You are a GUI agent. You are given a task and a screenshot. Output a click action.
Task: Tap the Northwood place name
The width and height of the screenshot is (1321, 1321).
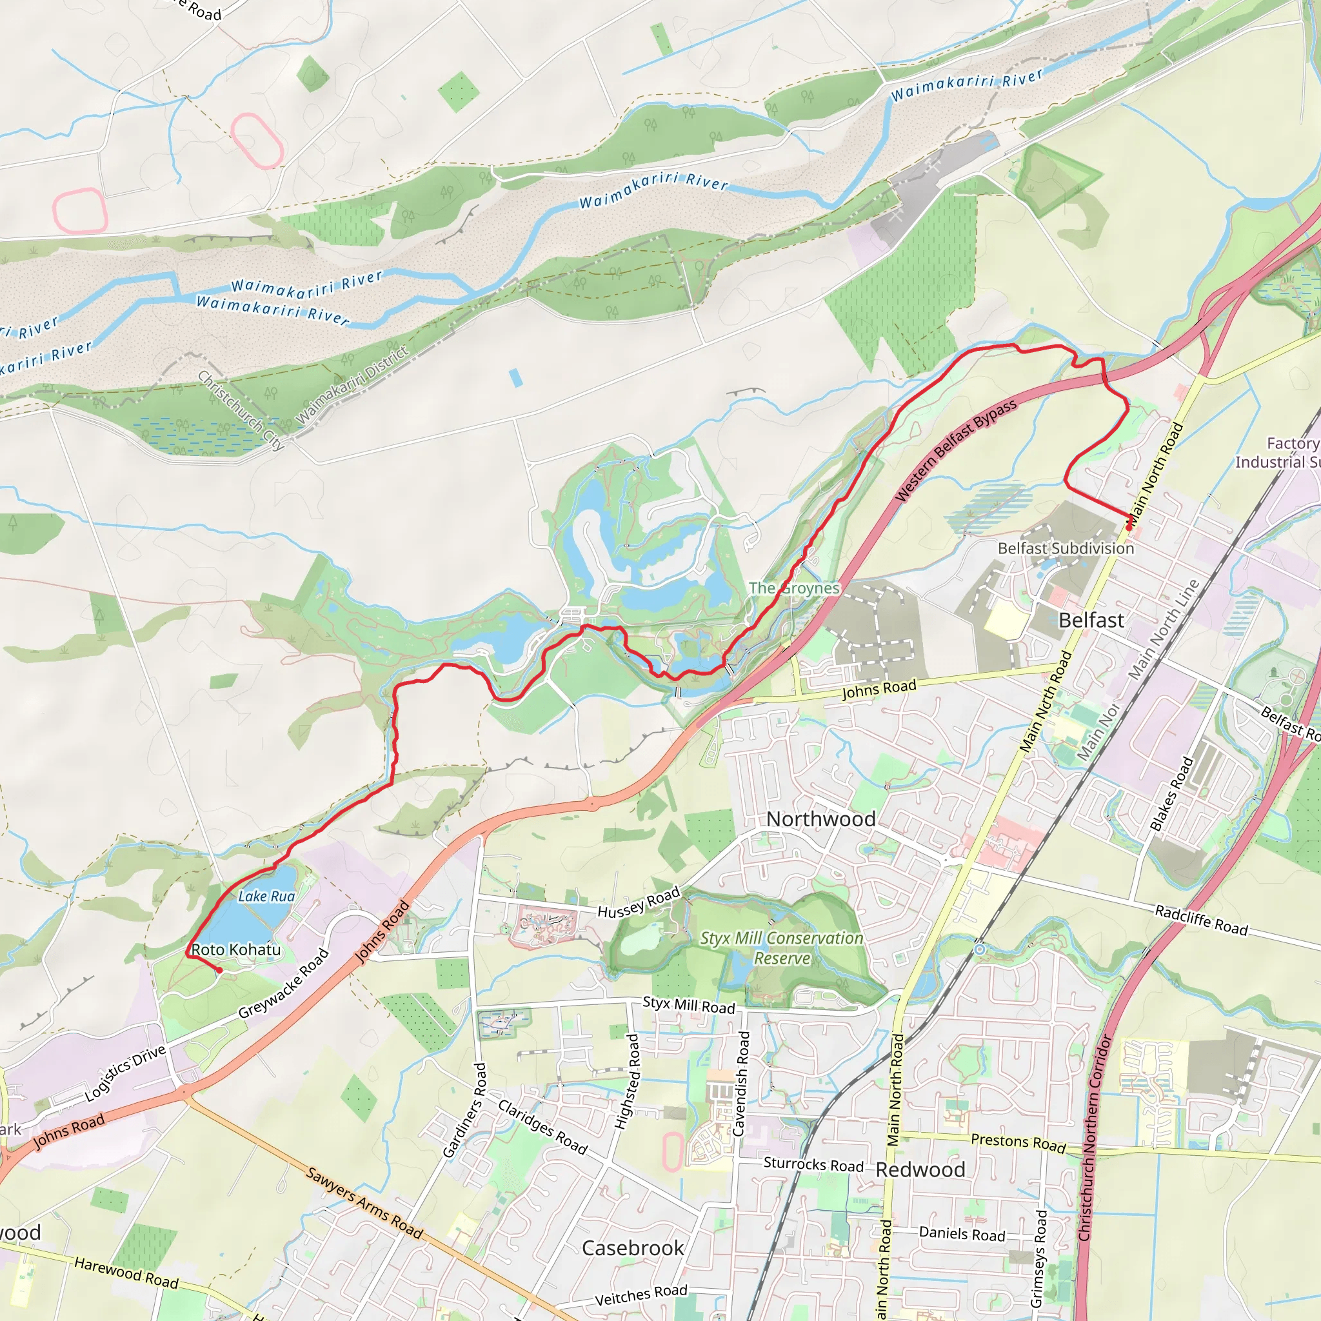pyautogui.click(x=820, y=819)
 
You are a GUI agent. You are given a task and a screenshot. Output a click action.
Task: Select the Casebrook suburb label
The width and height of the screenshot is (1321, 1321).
pyautogui.click(x=633, y=1248)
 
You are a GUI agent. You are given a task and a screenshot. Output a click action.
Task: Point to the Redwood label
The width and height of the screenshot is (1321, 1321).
pyautogui.click(x=920, y=1169)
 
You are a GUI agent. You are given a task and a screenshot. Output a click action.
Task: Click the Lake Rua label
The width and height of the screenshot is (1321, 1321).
pyautogui.click(x=266, y=896)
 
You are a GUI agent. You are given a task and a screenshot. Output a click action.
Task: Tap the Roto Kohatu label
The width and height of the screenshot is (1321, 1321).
pyautogui.click(x=236, y=949)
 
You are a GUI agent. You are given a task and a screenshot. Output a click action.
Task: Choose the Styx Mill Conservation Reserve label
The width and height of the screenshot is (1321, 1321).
pyautogui.click(x=782, y=948)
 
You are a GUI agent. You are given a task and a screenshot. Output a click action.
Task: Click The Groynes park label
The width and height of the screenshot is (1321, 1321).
pyautogui.click(x=794, y=588)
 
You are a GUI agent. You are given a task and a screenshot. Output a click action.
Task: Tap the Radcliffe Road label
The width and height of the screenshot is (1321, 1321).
pyautogui.click(x=1201, y=920)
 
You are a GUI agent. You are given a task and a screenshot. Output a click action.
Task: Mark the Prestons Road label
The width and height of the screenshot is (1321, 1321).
pyautogui.click(x=1018, y=1142)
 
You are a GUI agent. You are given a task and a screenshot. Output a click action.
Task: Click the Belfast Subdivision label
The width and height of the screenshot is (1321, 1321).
pyautogui.click(x=1066, y=548)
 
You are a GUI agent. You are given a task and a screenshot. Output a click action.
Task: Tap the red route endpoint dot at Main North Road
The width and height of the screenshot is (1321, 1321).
pyautogui.click(x=1129, y=527)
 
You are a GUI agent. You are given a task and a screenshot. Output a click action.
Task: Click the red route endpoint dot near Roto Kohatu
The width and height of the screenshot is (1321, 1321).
pyautogui.click(x=219, y=970)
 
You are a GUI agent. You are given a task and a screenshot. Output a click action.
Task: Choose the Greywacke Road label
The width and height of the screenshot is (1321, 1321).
pyautogui.click(x=284, y=984)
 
